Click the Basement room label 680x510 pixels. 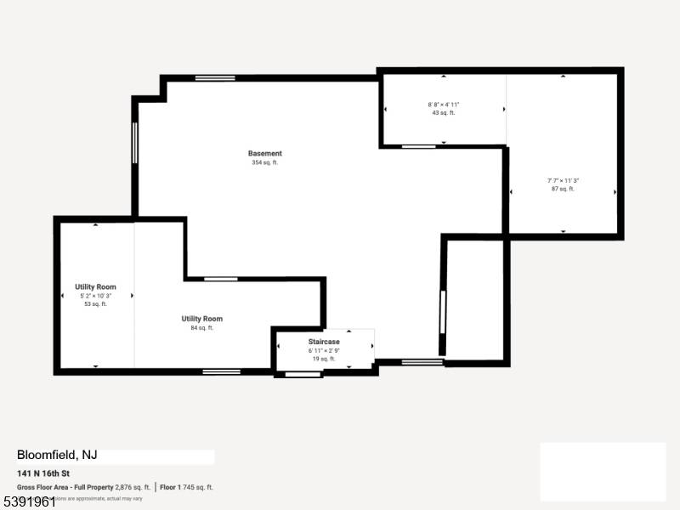pos(264,154)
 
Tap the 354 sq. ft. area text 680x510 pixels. pos(264,162)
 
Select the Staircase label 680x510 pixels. pos(324,342)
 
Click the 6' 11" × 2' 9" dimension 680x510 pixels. pos(324,350)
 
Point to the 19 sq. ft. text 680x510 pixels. pos(324,359)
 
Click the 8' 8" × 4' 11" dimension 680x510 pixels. pos(444,105)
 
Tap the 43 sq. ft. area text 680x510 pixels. pos(444,113)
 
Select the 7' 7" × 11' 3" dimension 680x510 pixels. pos(563,180)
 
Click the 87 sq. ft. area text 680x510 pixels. pos(563,189)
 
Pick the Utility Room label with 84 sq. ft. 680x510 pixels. pos(201,319)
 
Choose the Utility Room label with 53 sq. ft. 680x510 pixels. pos(95,287)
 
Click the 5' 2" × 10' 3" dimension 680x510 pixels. pos(95,296)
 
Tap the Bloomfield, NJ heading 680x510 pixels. pos(57,456)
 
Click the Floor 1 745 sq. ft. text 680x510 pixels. pos(186,487)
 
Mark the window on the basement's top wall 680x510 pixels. pos(215,78)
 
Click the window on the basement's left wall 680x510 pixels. pos(135,142)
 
